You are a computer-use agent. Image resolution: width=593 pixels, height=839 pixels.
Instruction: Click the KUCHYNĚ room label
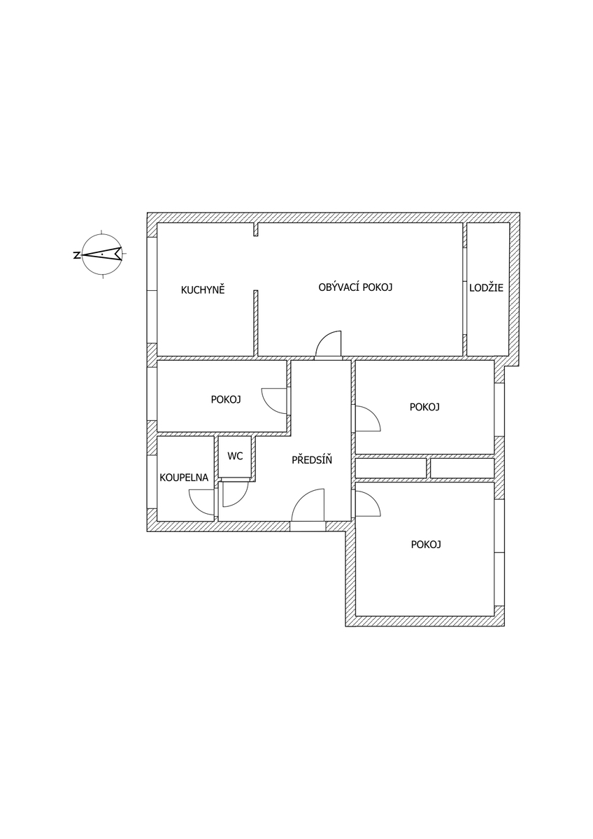(203, 290)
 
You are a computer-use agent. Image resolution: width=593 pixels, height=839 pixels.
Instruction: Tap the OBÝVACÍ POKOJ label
(355, 287)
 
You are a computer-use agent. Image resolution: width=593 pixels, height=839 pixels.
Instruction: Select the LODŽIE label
(486, 287)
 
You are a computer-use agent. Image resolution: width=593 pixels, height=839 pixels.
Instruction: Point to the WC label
(235, 456)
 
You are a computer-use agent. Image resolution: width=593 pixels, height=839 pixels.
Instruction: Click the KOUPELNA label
(184, 478)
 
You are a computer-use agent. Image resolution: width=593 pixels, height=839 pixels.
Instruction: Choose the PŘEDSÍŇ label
(312, 459)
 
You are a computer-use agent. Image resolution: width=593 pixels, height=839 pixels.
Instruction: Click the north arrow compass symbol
(102, 254)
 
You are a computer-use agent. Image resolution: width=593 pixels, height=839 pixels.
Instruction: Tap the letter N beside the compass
(76, 255)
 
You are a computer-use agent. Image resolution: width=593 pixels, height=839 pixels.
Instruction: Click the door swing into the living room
(329, 343)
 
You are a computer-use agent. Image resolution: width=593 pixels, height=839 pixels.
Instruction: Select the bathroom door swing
(201, 503)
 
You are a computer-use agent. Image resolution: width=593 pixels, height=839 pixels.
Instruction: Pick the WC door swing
(235, 494)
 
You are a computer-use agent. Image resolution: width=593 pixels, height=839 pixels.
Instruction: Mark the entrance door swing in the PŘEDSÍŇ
(308, 505)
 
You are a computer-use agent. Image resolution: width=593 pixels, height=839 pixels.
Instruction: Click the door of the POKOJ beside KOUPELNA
(274, 401)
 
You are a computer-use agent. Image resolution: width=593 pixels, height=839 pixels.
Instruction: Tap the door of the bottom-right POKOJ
(368, 504)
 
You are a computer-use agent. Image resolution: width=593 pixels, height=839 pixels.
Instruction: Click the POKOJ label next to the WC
(225, 400)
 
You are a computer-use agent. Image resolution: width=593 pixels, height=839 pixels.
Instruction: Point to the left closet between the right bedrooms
(391, 468)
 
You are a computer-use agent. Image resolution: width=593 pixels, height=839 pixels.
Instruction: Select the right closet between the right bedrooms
(462, 468)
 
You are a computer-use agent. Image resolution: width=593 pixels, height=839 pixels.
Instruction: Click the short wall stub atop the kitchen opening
(256, 229)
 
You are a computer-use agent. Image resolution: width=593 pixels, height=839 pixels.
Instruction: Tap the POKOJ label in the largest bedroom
(426, 544)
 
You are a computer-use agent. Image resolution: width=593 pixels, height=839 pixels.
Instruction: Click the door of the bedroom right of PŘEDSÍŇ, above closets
(368, 418)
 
